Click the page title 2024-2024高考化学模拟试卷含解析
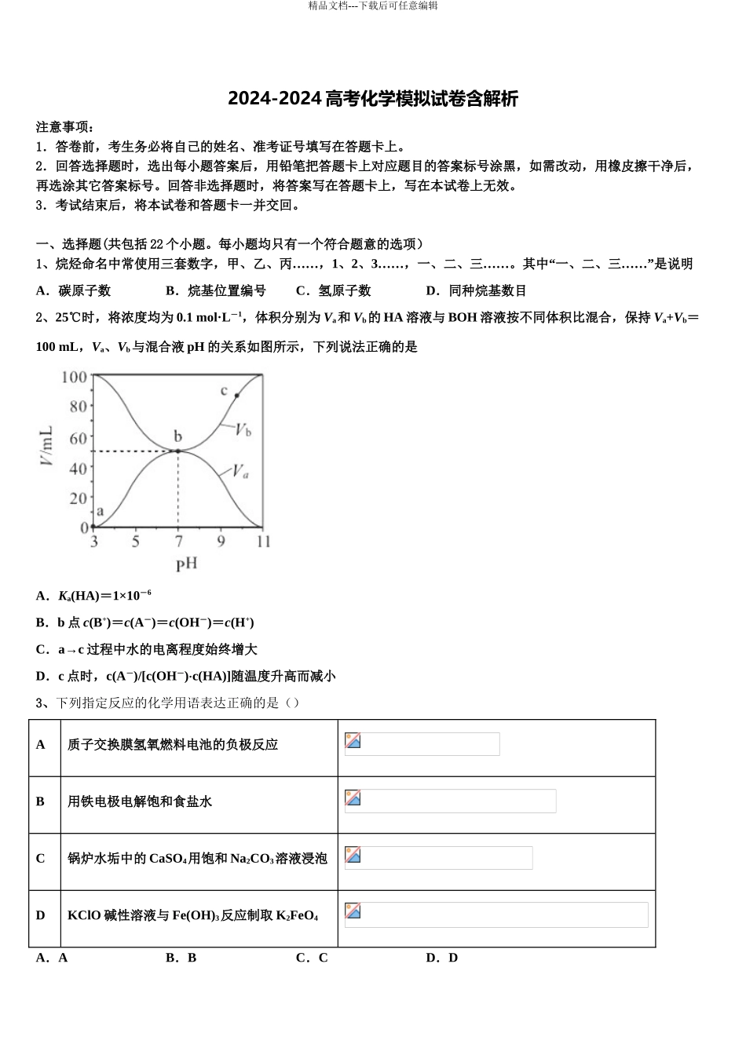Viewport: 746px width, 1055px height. tap(373, 99)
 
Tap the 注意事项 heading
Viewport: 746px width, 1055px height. tap(65, 127)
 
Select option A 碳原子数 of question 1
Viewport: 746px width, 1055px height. tap(74, 290)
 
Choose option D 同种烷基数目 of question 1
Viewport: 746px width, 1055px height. tap(476, 290)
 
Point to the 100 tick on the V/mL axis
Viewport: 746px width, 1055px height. tap(74, 377)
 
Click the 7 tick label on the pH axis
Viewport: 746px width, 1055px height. tap(178, 542)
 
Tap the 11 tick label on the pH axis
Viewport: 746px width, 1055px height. tap(263, 542)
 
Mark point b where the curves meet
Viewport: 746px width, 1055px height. tap(178, 451)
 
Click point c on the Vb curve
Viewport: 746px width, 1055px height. tap(236, 395)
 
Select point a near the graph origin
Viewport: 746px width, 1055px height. tap(94, 527)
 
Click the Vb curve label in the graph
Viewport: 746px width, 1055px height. tap(243, 429)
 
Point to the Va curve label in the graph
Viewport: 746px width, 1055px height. tap(240, 471)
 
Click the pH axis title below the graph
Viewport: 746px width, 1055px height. tap(186, 564)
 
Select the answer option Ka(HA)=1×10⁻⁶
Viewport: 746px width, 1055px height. tap(93, 595)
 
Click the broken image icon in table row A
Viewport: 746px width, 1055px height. tap(353, 741)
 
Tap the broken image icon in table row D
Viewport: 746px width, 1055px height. tap(353, 911)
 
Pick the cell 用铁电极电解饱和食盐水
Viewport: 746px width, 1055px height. tap(140, 801)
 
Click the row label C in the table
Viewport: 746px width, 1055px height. tap(41, 858)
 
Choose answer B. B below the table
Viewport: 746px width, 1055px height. tap(181, 958)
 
